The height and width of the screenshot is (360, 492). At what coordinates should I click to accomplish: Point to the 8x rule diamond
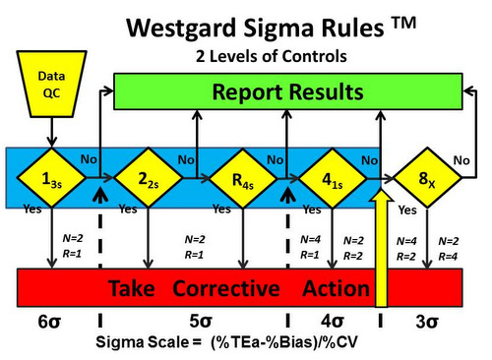tap(422, 179)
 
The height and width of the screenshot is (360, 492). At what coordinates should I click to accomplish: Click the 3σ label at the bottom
tap(427, 322)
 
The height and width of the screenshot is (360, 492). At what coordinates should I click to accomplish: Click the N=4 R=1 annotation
tap(310, 246)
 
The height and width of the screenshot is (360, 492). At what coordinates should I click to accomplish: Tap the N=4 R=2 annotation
tap(406, 248)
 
